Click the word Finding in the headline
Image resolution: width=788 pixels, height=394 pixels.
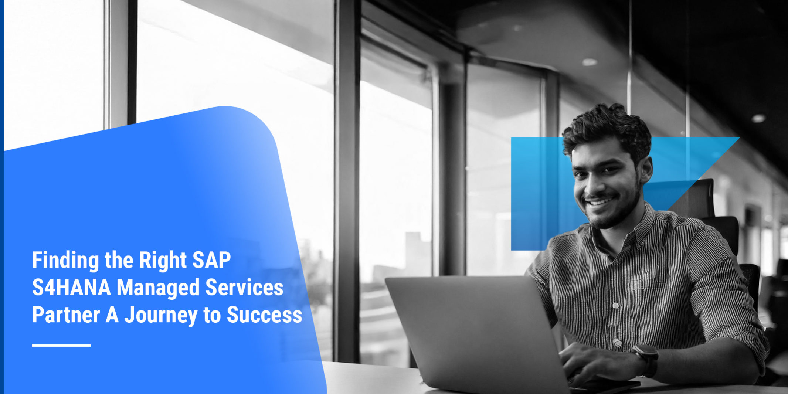coord(65,260)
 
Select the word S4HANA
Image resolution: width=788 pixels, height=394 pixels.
coord(71,288)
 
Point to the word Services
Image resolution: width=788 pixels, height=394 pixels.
coord(244,288)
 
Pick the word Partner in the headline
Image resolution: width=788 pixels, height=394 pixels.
coord(66,315)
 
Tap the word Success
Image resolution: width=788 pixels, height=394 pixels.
coord(264,315)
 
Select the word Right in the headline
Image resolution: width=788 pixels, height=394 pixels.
coord(163,261)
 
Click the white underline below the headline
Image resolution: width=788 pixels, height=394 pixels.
coord(61,345)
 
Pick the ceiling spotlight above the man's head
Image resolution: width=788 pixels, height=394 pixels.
coord(590,62)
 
